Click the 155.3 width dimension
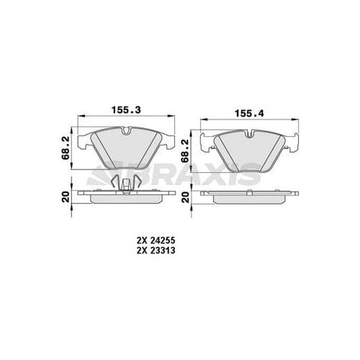pos(125,110)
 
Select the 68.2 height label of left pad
pos(66,146)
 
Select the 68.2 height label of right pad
pos(185,148)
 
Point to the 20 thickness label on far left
pos(66,193)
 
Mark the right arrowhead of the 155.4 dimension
pos(298,121)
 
